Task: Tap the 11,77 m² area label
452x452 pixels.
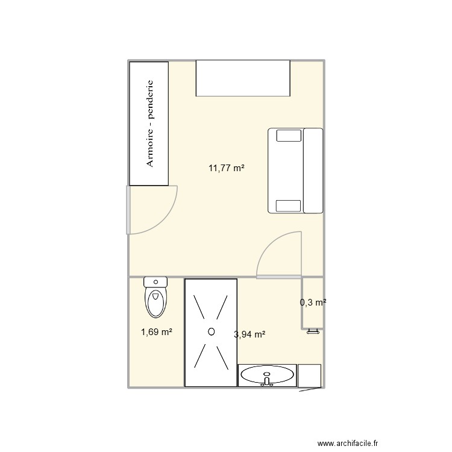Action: coord(227,169)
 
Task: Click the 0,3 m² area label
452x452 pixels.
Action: coord(313,303)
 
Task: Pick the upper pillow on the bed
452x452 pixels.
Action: coord(287,136)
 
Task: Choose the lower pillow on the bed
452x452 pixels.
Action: coord(287,205)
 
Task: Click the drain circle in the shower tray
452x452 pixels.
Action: coord(211,331)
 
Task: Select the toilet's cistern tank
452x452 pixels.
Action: coord(155,281)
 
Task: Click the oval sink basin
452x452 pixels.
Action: coord(268,375)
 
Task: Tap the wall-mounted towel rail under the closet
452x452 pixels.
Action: coord(312,331)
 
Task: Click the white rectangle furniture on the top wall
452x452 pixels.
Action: coord(243,78)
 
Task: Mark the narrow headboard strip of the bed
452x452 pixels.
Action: coord(313,171)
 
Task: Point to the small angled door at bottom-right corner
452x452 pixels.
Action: coord(311,389)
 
